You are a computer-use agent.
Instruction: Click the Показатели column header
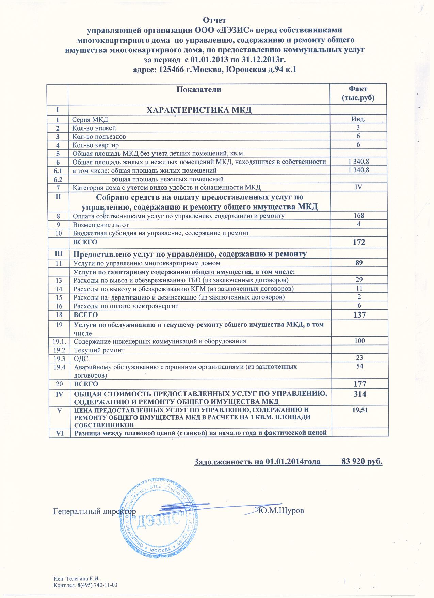[199, 90]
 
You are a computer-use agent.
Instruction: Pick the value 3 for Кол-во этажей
[358, 128]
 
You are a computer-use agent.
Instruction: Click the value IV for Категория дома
[358, 187]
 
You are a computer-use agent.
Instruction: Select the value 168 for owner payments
[359, 216]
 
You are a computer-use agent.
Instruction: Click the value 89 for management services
[359, 263]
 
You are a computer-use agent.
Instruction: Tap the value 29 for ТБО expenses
[359, 280]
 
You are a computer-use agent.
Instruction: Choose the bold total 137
[359, 315]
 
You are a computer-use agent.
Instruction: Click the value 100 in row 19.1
[359, 341]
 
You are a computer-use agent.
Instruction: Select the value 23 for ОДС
[359, 358]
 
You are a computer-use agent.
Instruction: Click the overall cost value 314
[359, 394]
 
